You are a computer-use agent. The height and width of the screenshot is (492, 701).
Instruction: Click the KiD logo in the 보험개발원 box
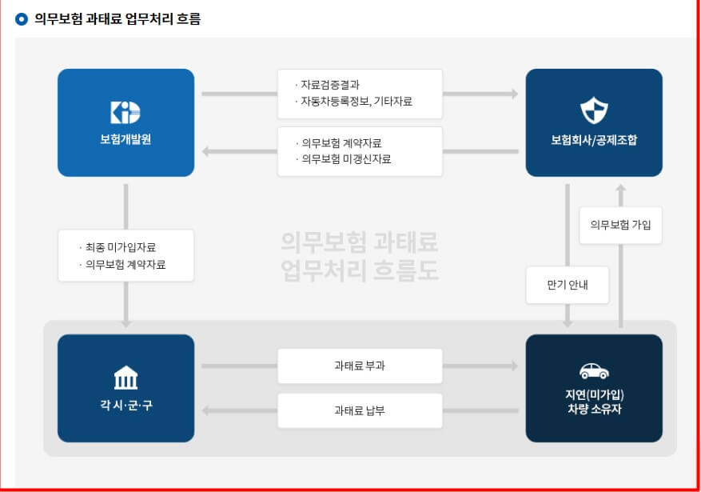[125, 111]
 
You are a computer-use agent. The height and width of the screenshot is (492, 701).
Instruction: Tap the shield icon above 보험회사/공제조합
[594, 111]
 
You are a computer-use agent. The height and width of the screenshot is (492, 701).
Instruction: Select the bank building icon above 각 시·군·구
[125, 377]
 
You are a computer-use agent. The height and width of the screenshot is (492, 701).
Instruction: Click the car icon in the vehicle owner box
[594, 371]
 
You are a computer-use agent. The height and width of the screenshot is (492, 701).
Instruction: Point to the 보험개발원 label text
[125, 139]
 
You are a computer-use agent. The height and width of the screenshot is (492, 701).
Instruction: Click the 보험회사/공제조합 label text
[594, 139]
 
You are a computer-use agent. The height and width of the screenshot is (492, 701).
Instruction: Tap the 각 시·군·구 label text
[125, 405]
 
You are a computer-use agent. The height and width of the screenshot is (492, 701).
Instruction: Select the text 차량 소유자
[594, 410]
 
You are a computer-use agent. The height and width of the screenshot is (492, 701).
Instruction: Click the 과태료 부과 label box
[360, 366]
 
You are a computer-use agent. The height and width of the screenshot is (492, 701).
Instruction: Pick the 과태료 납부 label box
[360, 410]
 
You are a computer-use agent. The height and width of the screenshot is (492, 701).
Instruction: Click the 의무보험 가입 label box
[620, 225]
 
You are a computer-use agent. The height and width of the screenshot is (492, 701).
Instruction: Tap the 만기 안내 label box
[568, 285]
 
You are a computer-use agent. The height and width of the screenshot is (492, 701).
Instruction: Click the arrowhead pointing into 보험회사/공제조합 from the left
[514, 94]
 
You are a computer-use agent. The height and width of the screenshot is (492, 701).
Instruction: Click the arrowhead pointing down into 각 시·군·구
[125, 322]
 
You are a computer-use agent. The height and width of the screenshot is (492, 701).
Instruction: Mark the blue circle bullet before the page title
[22, 19]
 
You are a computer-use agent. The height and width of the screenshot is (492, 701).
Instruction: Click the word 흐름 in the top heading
[185, 19]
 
